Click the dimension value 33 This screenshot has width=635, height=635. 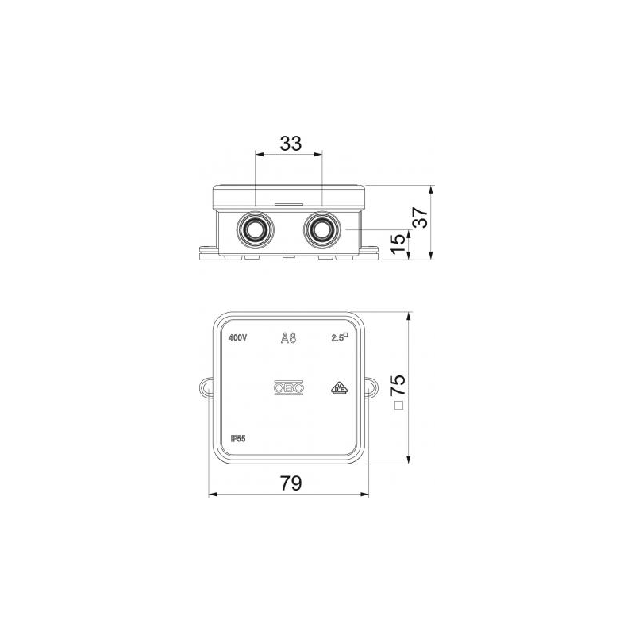(291, 144)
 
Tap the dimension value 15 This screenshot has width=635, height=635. (398, 244)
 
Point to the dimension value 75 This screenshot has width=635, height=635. (398, 385)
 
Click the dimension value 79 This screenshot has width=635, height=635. (291, 483)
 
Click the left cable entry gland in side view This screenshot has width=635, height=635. (255, 229)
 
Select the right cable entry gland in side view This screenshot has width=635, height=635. (322, 229)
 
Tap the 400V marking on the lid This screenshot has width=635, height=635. (237, 338)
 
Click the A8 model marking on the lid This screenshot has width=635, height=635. (289, 338)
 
